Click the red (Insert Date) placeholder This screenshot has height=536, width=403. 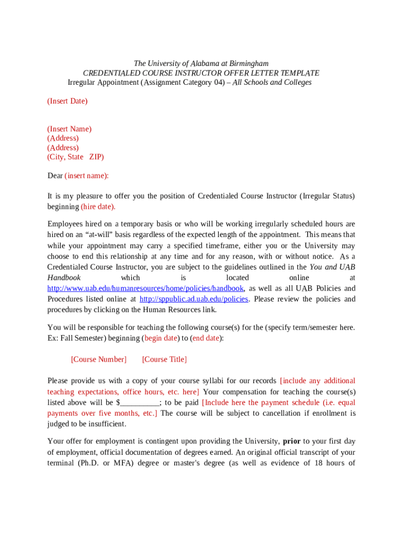[x=68, y=101]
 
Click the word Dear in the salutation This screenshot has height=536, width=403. [x=55, y=176]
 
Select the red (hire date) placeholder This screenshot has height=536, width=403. [x=98, y=207]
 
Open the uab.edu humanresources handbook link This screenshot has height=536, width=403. [x=145, y=288]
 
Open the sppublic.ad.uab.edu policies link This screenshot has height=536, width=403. [x=193, y=299]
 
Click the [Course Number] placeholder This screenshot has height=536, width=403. [x=98, y=360]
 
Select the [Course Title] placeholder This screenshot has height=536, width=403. [x=164, y=360]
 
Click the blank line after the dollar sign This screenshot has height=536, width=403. [x=139, y=403]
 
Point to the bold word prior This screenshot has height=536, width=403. [x=292, y=441]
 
